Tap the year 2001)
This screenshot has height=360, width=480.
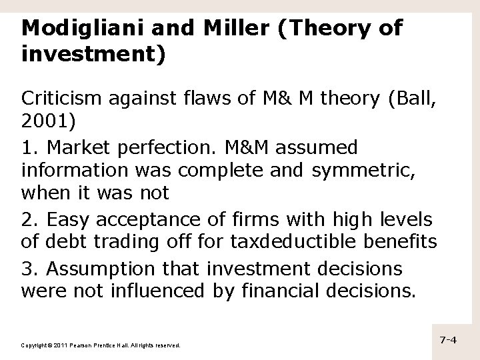point(46,123)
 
